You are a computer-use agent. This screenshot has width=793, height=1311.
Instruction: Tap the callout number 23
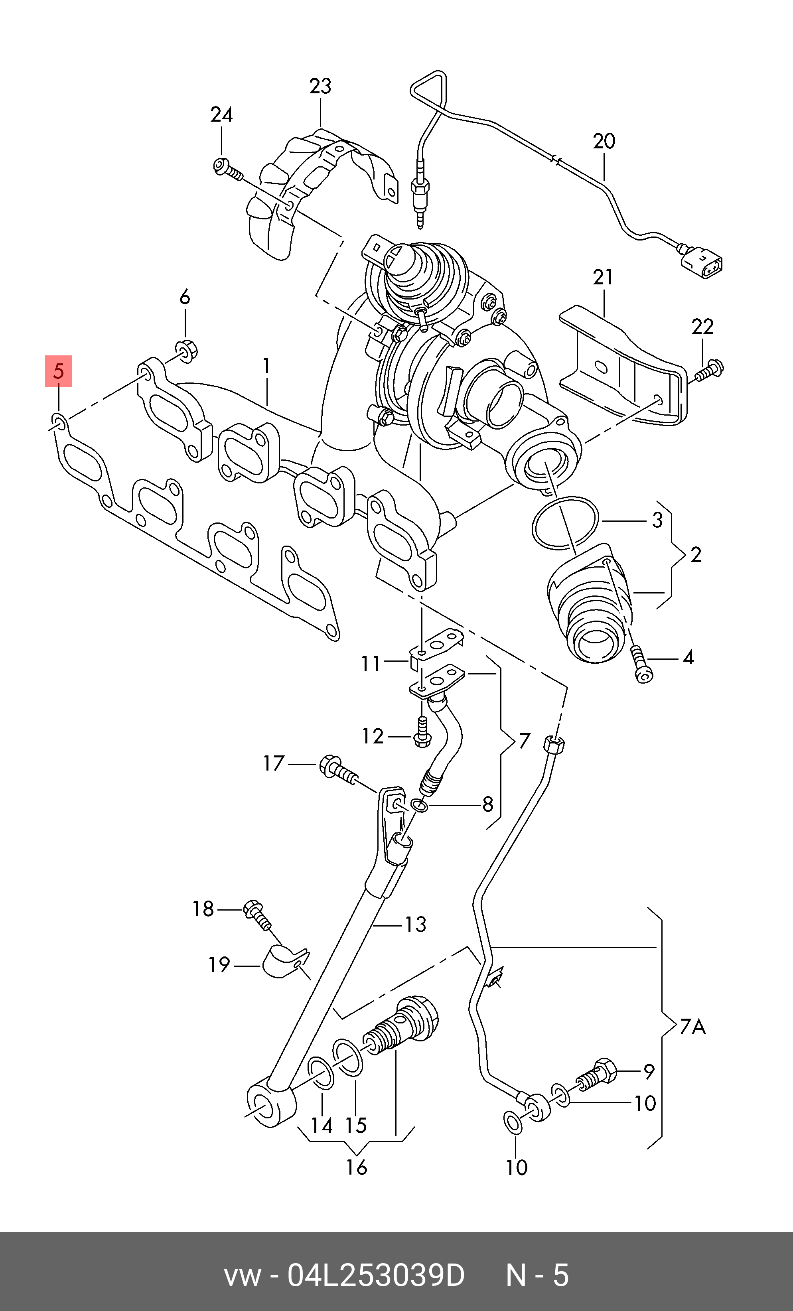click(x=320, y=86)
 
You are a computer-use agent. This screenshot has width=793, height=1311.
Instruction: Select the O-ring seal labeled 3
click(x=565, y=522)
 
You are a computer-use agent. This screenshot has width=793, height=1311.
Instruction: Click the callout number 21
click(x=603, y=277)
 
